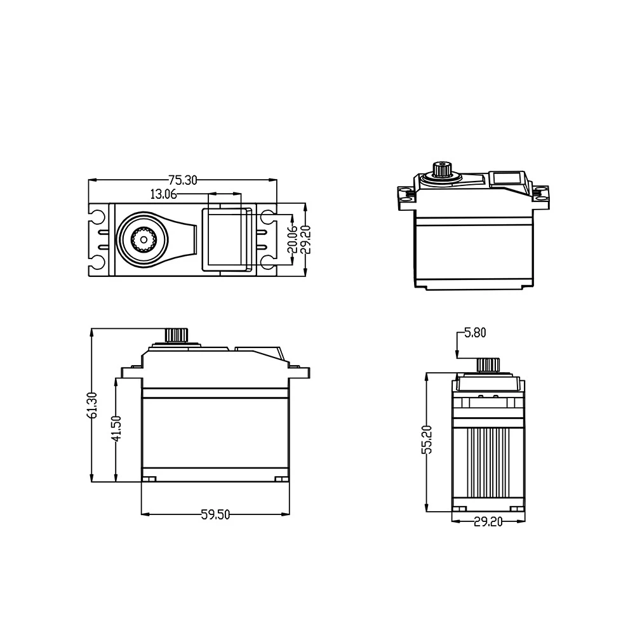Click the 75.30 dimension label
[183, 180]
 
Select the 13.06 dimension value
[164, 194]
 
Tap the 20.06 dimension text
[292, 239]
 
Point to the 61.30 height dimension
[92, 405]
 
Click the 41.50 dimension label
[116, 429]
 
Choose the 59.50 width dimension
[215, 515]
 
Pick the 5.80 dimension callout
[475, 333]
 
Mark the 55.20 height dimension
[427, 439]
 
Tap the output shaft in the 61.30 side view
[176, 336]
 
